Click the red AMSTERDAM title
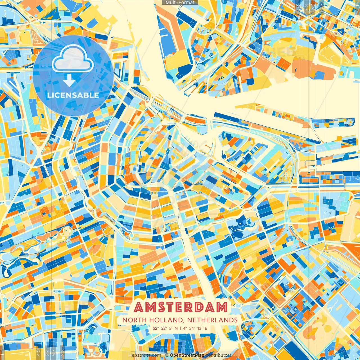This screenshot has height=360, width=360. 181,307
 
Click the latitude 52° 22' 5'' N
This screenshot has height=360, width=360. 165,328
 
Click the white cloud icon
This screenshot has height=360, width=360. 73,58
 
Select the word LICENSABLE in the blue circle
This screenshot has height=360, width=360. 73,95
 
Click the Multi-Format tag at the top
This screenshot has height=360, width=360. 180,3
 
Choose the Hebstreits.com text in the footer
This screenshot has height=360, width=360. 145,355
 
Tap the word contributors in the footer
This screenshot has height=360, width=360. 219,355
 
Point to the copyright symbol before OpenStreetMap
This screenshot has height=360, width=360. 167,355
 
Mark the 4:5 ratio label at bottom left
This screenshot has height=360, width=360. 39,352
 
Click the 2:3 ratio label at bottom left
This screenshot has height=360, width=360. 62,352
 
